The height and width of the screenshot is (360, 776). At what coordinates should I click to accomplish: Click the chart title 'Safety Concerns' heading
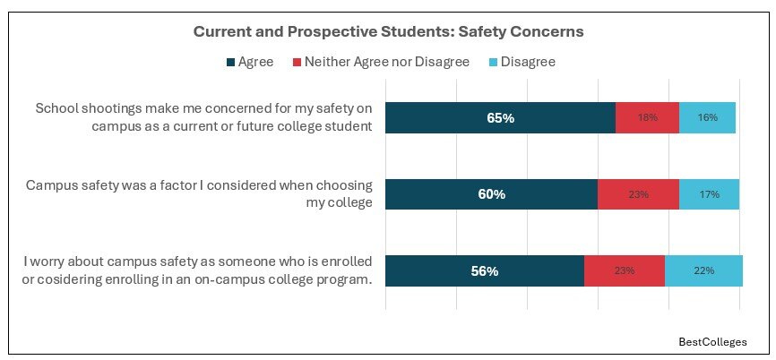[388, 31]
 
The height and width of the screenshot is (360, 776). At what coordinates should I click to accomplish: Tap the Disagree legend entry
[529, 62]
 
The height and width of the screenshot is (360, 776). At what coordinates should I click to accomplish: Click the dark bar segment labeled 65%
[500, 117]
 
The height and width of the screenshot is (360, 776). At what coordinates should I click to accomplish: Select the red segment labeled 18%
[647, 117]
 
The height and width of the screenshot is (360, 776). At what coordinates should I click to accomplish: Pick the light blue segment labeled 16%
[707, 117]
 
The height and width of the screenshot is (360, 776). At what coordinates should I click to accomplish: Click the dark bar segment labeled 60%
[491, 193]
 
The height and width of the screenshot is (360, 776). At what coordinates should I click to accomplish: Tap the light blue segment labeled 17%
[709, 193]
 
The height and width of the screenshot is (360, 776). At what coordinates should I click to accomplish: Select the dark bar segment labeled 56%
[484, 270]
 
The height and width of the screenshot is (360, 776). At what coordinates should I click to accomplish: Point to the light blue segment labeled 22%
[703, 270]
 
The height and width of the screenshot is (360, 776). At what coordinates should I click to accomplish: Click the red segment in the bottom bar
[625, 270]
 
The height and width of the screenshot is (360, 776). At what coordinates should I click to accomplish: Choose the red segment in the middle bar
[638, 193]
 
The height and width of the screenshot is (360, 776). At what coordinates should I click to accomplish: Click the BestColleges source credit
[712, 342]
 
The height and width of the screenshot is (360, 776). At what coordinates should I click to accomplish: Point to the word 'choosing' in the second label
[343, 185]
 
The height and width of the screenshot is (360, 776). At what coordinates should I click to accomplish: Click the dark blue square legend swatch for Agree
[231, 63]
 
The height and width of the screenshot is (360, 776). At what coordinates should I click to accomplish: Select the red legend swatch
[295, 63]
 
